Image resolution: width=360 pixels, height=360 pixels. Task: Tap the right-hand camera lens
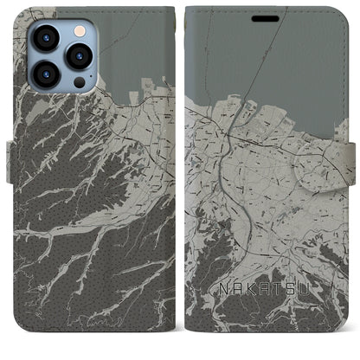pos(79,56)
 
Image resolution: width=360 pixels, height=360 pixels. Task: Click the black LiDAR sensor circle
pos(79,83)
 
